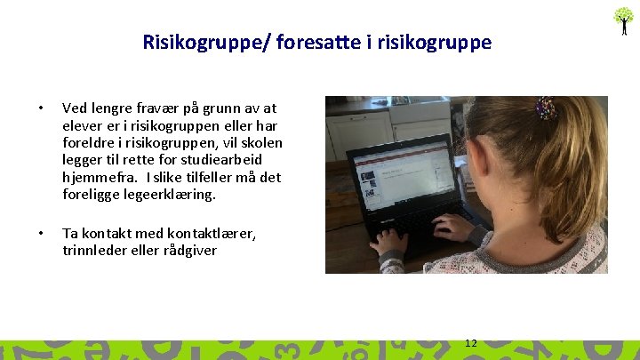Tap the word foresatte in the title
coord(318,42)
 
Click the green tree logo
coord(624,19)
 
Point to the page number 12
coord(471,343)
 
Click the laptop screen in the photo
coord(401,174)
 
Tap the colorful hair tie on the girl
coord(547,108)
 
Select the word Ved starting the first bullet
coord(76,108)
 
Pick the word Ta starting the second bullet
coord(70,233)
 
